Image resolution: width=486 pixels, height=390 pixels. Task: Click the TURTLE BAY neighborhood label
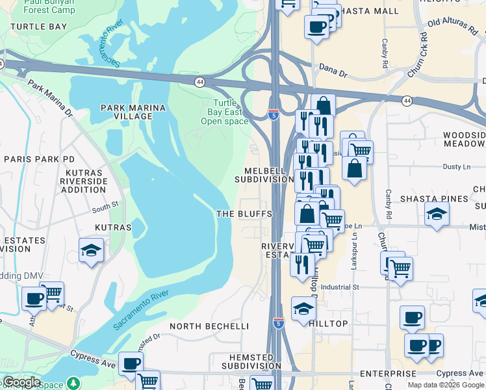[38, 27]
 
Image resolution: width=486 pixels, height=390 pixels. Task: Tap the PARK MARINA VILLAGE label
[127, 111]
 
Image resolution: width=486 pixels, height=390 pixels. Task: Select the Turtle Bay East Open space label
[224, 112]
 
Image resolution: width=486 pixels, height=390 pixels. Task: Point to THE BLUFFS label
[244, 214]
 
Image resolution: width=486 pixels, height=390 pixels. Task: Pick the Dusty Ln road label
[455, 167]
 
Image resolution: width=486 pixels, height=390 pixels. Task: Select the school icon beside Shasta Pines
[437, 213]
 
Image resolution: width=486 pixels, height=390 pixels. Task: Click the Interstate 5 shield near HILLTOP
[278, 324]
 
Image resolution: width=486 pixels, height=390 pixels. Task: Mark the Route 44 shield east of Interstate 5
[407, 101]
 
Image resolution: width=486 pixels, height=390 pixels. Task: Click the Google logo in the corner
[22, 382]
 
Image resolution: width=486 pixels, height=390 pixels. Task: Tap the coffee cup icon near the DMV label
[34, 299]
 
